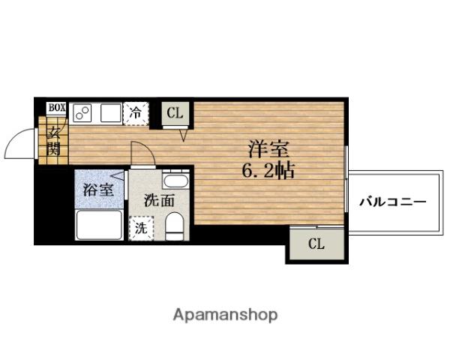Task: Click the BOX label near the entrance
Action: point(57,107)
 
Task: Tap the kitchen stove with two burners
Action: point(82,113)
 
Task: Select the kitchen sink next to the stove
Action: point(109,113)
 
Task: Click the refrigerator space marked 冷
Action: point(136,113)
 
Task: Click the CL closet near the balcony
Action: point(316,243)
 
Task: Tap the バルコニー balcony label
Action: point(391,202)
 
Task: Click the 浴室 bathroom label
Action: point(98,189)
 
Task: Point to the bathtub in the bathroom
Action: point(98,224)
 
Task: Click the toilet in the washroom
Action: point(174,225)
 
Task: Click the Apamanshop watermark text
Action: point(225,314)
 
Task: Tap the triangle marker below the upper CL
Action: point(183,135)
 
